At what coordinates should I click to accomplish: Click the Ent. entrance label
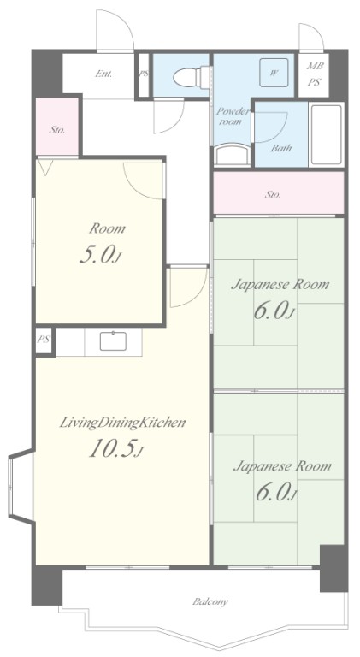click(x=103, y=74)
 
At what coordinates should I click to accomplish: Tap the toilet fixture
click(x=191, y=77)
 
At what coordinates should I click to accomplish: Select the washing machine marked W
click(x=274, y=73)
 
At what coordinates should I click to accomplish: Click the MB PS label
click(x=314, y=74)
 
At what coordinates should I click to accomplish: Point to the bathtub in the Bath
click(x=326, y=134)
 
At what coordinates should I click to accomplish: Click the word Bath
click(x=280, y=148)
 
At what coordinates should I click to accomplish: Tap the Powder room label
click(x=233, y=116)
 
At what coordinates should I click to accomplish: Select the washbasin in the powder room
click(x=233, y=154)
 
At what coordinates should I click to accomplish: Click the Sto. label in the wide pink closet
click(x=273, y=194)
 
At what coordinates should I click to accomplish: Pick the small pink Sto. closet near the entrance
click(x=57, y=126)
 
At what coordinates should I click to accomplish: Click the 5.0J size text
click(x=100, y=255)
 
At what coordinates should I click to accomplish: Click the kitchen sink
click(x=114, y=341)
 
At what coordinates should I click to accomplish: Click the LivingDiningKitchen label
click(x=122, y=423)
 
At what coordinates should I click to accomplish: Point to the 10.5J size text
click(x=116, y=449)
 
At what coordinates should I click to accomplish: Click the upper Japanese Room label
click(x=280, y=285)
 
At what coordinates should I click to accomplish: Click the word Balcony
click(x=210, y=602)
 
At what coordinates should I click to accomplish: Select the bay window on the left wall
click(x=21, y=486)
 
